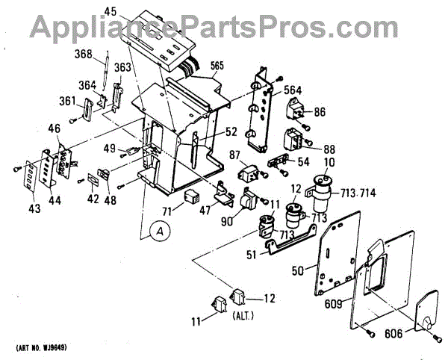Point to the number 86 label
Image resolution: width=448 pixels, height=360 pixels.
coord(320,112)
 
